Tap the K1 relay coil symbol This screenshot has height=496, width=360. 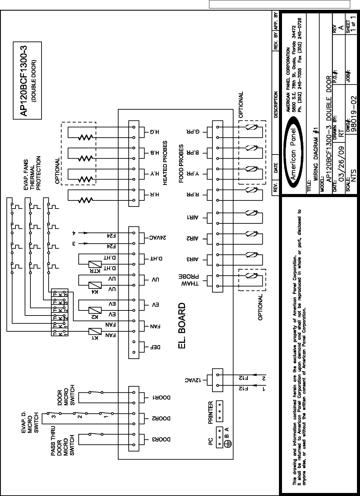tap(95, 331)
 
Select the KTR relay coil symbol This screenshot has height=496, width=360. tap(95, 264)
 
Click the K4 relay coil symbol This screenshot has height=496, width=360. tap(95, 285)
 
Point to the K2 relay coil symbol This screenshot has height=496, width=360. tap(95, 310)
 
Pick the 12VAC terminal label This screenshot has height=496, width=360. tap(193, 380)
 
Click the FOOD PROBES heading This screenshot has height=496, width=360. tap(181, 164)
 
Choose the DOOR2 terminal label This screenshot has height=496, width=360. tap(161, 418)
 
